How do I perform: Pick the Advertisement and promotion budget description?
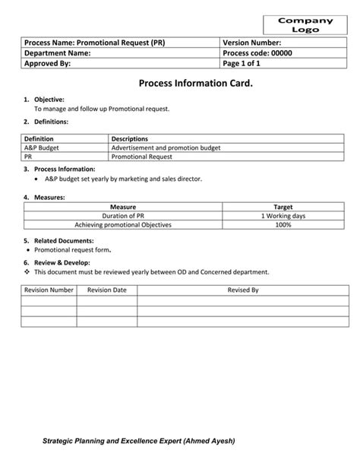(x=159, y=147)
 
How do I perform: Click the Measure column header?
(x=122, y=207)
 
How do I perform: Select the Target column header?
(x=283, y=207)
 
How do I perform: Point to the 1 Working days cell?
(x=283, y=216)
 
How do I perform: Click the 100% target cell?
(x=283, y=225)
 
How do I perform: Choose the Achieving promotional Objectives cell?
(x=122, y=225)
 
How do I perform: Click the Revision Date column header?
(x=107, y=290)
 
